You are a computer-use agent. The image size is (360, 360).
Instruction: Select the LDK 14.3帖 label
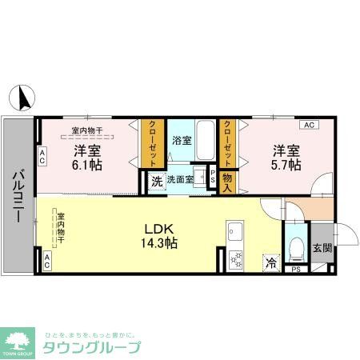point(159,234)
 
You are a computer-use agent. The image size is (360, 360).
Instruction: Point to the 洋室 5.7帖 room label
point(285,157)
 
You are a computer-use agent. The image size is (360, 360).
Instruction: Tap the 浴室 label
point(182,140)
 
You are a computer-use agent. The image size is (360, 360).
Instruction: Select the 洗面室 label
point(179,180)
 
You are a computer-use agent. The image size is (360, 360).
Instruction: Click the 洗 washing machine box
point(156,181)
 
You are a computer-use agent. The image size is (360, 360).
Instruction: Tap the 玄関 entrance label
point(322,248)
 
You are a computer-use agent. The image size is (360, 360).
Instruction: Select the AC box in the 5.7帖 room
point(308,125)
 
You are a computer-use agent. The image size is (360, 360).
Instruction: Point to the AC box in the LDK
point(46,259)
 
